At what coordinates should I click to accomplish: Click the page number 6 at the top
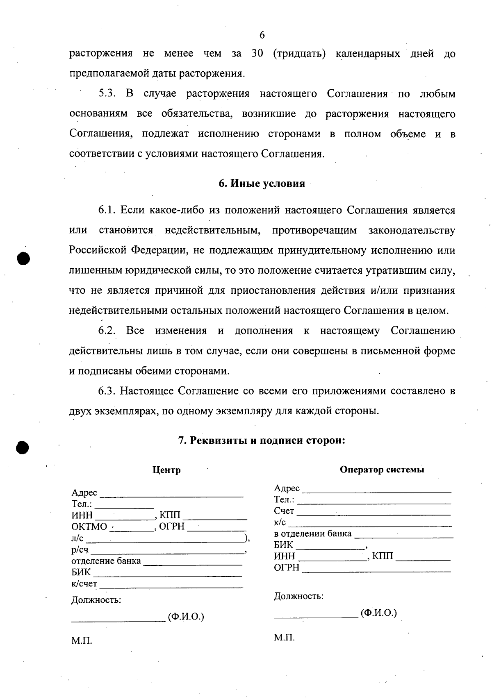click(x=262, y=35)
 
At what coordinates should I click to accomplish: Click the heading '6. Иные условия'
click(x=262, y=184)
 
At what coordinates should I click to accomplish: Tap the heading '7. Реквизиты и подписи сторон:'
click(x=262, y=441)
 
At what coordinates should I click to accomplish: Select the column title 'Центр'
click(x=166, y=470)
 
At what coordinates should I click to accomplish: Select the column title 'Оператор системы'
click(x=382, y=470)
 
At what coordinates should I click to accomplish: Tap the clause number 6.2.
click(x=107, y=331)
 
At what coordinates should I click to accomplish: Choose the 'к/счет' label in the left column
click(x=84, y=583)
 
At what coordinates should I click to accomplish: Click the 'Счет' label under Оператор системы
click(x=284, y=511)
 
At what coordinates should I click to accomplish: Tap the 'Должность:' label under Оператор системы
click(x=298, y=596)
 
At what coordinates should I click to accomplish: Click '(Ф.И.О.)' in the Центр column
click(x=186, y=617)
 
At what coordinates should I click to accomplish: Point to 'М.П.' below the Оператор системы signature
click(x=284, y=638)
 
